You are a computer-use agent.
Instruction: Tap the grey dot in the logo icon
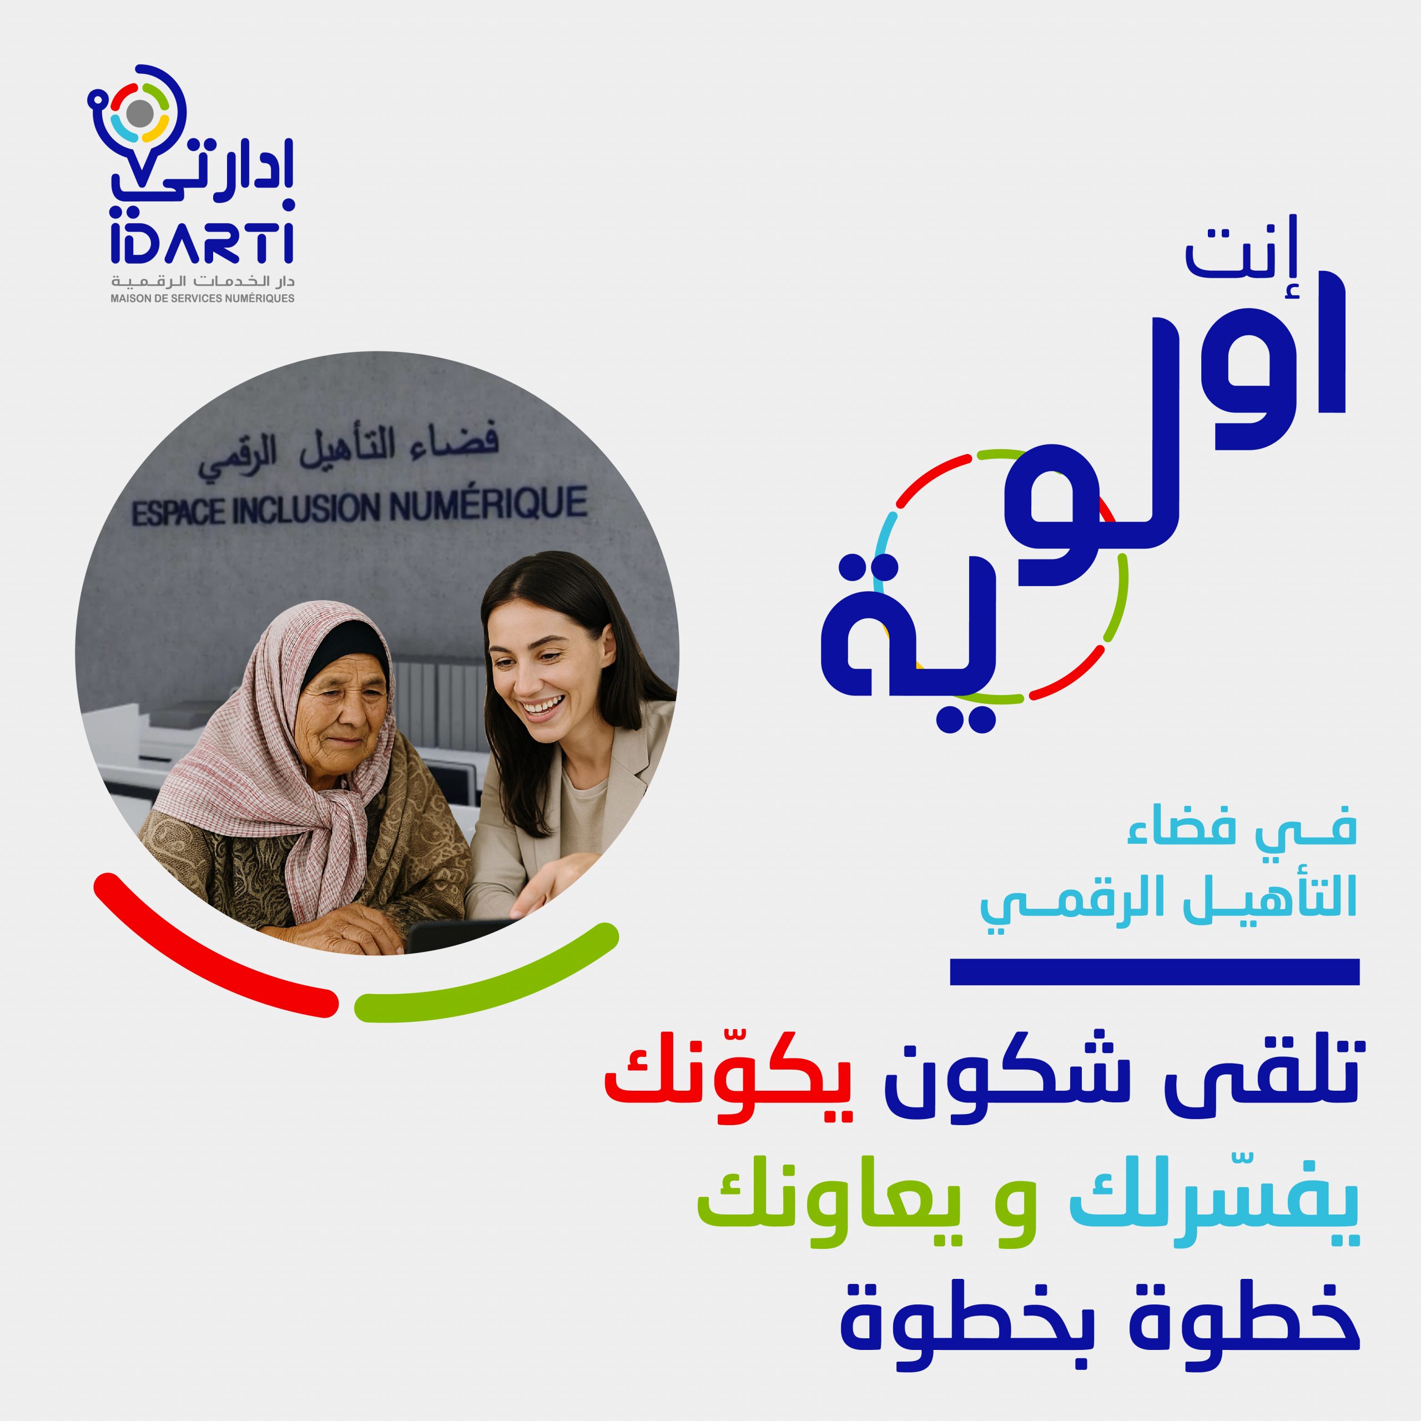(140, 113)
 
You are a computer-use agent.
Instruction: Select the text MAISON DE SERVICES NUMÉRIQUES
(202, 299)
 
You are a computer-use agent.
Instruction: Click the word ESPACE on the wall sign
(179, 513)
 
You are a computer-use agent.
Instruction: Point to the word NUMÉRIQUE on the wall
(488, 505)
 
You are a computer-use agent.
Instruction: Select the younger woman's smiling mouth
(542, 707)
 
